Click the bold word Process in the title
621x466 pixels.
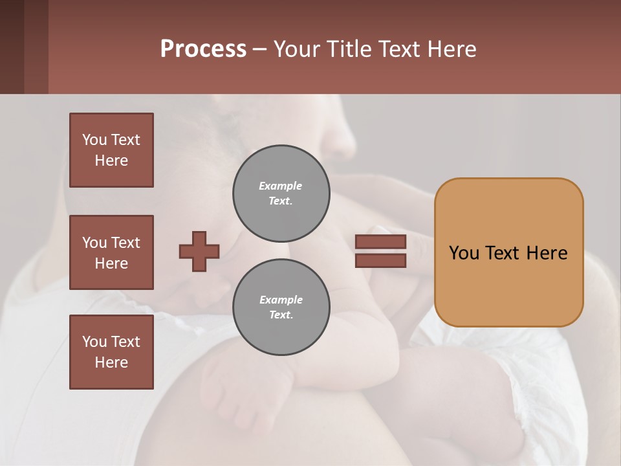(203, 49)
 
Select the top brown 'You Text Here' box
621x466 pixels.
(111, 150)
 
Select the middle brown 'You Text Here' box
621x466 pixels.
(111, 252)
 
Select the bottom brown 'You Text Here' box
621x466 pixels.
(111, 352)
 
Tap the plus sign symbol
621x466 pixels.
(199, 251)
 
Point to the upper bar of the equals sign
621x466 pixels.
(380, 241)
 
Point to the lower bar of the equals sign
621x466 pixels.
(380, 261)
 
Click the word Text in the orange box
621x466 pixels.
(508, 253)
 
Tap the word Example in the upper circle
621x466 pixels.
(281, 186)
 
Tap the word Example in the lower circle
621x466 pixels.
(281, 300)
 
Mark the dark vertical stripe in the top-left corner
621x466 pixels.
(12, 47)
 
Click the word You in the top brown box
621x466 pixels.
(94, 140)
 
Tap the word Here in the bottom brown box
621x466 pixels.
(111, 362)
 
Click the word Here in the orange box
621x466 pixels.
(547, 253)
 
